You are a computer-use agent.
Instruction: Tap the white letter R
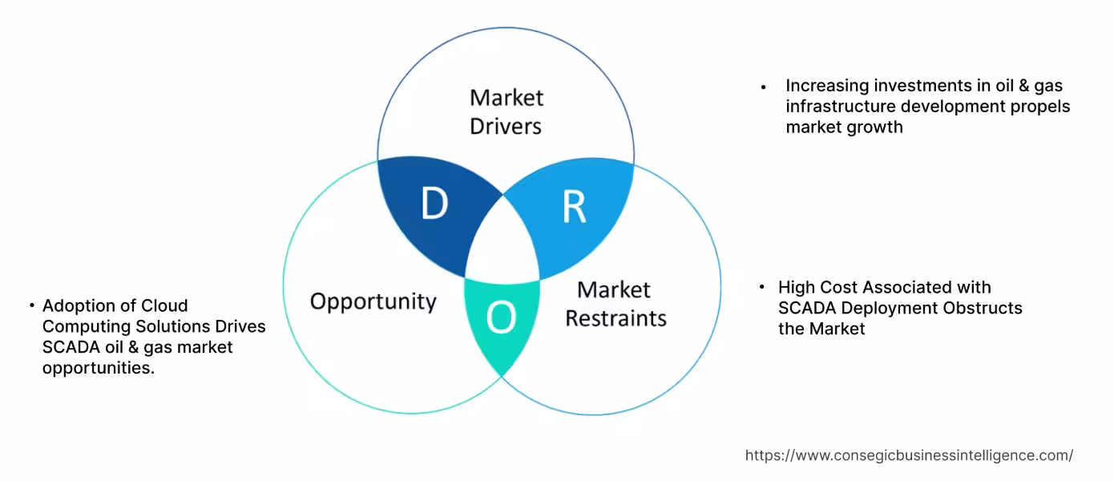pos(574,206)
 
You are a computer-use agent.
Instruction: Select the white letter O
pos(502,318)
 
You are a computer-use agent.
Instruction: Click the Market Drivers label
pos(506,111)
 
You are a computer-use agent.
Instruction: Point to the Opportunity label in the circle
pos(373,301)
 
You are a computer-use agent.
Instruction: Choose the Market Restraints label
pos(616,304)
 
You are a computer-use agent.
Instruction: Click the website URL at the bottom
pos(909,455)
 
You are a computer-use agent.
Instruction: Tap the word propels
pos(1041,107)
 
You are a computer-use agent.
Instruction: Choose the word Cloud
pos(164,305)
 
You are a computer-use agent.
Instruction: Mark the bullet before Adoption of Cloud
pos(31,306)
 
